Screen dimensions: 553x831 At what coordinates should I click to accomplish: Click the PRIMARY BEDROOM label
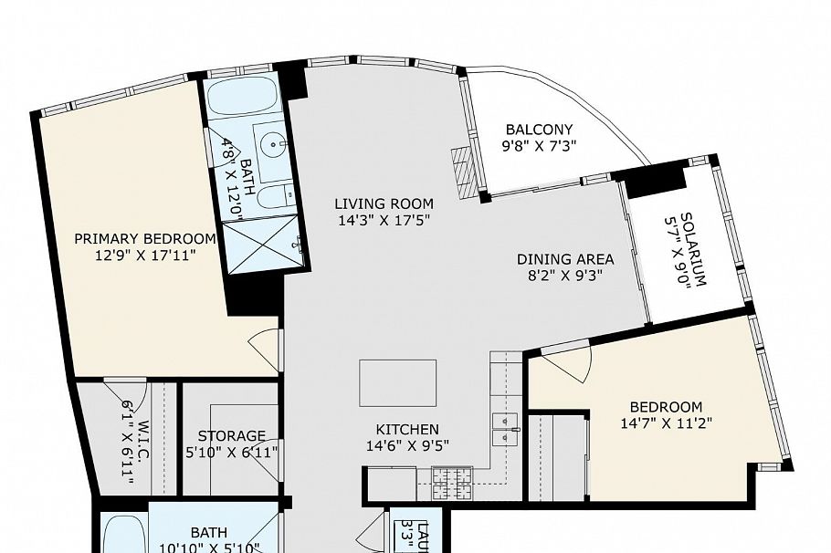145,239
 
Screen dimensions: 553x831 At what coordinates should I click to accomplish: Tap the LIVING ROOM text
384,203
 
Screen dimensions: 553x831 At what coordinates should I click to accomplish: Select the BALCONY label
539,130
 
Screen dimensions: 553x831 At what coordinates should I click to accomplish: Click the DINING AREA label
565,259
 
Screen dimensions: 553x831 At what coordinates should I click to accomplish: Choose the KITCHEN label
407,429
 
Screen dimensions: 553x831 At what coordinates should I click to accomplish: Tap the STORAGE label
232,436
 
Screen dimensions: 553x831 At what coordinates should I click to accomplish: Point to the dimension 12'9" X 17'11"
145,256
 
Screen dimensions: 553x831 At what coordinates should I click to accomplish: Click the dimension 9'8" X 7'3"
539,145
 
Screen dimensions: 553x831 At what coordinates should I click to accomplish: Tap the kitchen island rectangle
397,382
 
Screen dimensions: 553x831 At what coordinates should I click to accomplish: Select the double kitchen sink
505,429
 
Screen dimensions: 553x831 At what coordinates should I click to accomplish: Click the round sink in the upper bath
269,143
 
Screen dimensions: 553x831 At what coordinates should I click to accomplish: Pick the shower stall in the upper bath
262,243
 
